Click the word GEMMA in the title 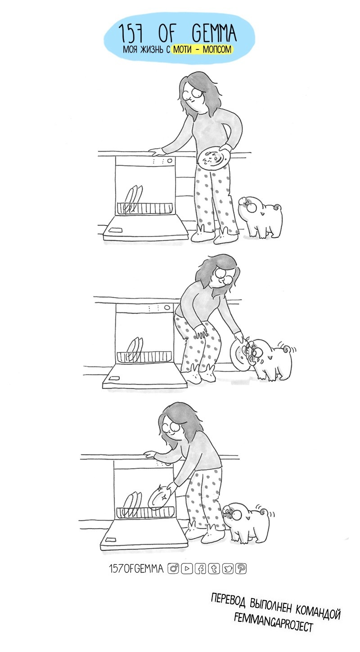click(214, 33)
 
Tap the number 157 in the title click(131, 34)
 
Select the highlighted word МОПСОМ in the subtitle click(217, 49)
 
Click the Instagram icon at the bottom click(173, 568)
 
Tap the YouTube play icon click(187, 568)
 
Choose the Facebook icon click(200, 568)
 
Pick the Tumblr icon click(214, 568)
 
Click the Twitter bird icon click(228, 568)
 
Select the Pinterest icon click(241, 568)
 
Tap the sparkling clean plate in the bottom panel click(160, 497)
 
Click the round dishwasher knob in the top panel click(170, 161)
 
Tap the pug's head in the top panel click(249, 205)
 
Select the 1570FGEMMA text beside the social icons click(136, 568)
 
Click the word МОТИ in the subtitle click(182, 49)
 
